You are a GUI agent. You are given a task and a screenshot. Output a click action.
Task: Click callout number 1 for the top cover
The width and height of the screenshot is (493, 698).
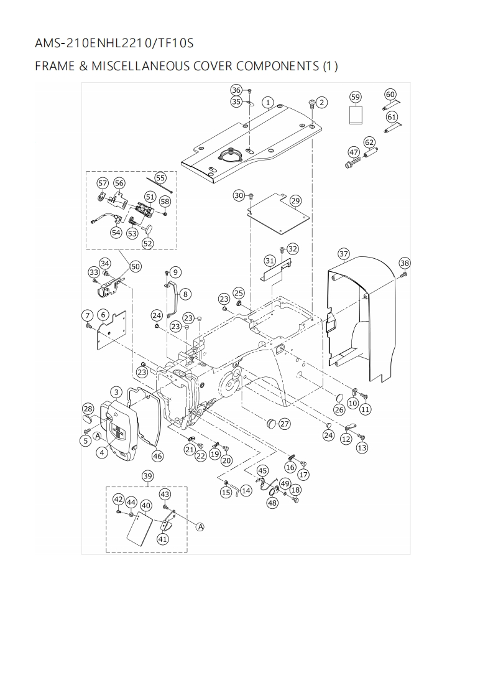tap(268, 102)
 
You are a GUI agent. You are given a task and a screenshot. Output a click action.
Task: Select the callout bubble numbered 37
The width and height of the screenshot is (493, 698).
tap(344, 253)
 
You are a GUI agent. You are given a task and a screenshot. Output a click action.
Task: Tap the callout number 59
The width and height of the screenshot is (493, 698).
tap(356, 97)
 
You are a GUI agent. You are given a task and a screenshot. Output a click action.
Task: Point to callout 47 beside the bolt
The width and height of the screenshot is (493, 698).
tap(354, 152)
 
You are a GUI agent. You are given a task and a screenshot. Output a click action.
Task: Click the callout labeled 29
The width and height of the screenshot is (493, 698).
tap(295, 200)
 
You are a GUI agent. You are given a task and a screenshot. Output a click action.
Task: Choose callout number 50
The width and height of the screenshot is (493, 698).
tap(136, 266)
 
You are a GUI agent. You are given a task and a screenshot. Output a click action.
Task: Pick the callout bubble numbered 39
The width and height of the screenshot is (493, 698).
tap(147, 476)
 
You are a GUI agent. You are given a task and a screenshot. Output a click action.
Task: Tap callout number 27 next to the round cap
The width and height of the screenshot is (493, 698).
tap(284, 424)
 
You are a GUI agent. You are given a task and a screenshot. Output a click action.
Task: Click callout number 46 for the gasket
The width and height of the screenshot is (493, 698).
tap(157, 456)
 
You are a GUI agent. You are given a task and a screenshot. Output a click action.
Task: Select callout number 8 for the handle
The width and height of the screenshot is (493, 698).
tap(186, 294)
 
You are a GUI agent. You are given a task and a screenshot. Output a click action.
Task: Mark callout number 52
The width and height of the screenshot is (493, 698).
tap(147, 243)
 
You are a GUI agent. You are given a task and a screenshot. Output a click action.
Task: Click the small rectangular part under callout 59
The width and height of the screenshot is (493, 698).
tap(356, 115)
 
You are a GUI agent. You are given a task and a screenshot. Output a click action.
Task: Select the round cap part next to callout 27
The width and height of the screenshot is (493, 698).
tap(271, 424)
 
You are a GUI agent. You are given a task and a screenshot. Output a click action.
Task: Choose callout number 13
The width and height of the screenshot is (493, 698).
tap(361, 447)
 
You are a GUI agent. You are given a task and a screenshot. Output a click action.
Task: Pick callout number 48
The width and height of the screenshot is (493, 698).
tap(272, 503)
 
